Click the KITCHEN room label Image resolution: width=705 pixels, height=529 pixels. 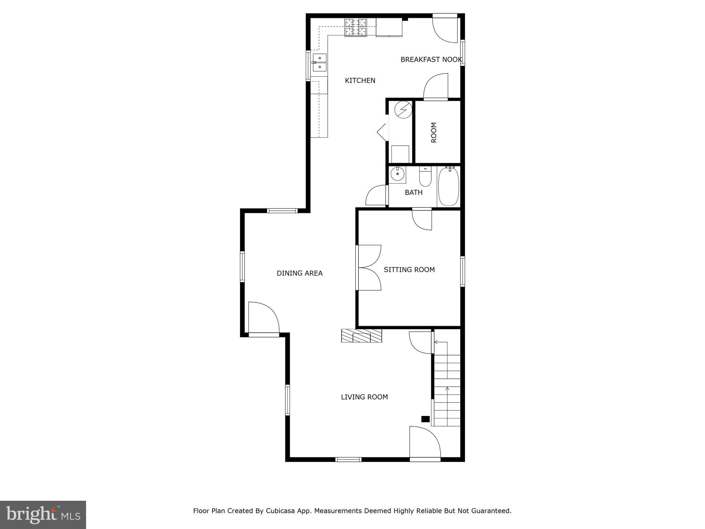[x=360, y=81]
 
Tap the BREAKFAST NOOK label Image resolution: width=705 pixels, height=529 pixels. [x=431, y=60]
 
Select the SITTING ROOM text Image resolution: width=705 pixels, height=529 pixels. [x=409, y=270]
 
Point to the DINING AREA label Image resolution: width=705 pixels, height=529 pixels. [x=299, y=273]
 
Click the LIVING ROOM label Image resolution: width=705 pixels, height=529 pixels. [x=364, y=397]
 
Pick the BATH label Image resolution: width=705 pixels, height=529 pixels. [x=413, y=193]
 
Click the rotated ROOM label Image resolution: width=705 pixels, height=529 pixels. [x=434, y=132]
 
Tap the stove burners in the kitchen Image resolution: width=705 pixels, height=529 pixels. [x=356, y=27]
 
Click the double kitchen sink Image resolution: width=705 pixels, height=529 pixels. [x=319, y=63]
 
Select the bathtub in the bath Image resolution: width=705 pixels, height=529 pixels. [x=449, y=186]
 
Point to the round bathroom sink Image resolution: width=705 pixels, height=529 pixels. [x=398, y=174]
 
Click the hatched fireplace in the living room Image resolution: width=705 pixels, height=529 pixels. [x=361, y=336]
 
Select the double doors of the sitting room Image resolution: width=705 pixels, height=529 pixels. [x=369, y=268]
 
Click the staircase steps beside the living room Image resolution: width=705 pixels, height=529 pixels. [x=447, y=389]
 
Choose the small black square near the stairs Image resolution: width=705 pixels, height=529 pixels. [x=425, y=419]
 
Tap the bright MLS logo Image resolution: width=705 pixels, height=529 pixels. [x=43, y=515]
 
